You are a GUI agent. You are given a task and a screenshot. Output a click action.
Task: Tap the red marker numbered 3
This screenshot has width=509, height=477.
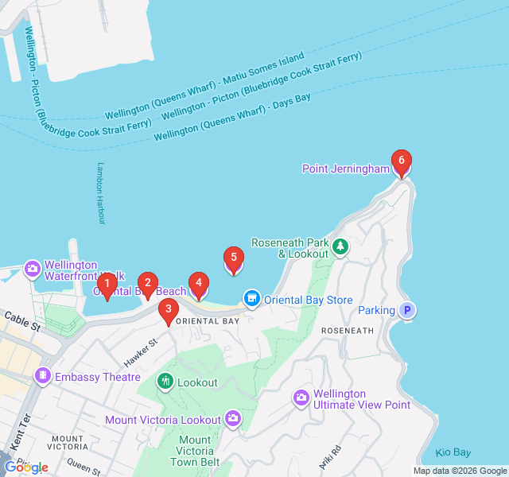[168, 311]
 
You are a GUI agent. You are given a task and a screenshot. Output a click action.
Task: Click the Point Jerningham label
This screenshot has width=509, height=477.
[346, 169]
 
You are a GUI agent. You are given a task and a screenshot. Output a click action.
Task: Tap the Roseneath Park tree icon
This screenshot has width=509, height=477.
[340, 247]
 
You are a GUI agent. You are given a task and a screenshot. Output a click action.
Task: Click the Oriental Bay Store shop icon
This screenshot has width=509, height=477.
[252, 298]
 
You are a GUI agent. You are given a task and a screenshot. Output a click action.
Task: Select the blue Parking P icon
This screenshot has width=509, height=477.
[407, 311]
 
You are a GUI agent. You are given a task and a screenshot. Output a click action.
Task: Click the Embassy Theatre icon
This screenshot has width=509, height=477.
[42, 375]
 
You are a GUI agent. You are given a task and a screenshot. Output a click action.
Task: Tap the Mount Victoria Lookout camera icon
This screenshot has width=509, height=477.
[232, 417]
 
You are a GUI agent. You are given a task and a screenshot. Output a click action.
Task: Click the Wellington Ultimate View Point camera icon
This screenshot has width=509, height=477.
[301, 397]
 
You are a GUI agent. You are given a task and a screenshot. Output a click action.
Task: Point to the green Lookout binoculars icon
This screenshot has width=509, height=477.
[165, 382]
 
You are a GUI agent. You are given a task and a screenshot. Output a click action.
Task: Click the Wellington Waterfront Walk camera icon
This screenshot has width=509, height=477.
[33, 269]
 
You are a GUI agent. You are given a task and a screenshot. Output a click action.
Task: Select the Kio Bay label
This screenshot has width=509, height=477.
[453, 452]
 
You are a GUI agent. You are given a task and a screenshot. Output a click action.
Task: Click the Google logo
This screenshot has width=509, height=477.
[26, 467]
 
